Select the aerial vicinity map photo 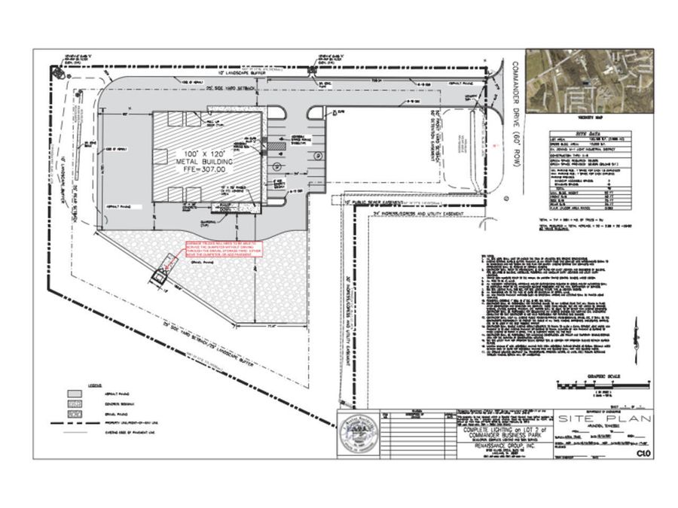589,81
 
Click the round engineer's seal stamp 358,435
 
